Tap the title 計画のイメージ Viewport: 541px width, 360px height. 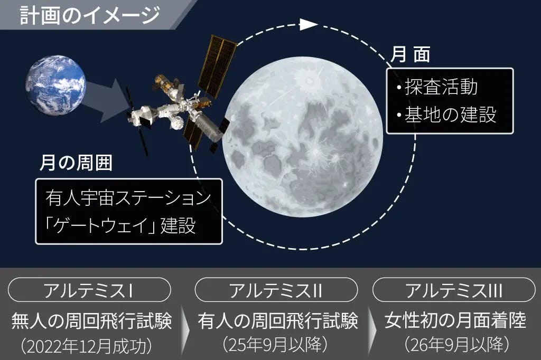(90, 15)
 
